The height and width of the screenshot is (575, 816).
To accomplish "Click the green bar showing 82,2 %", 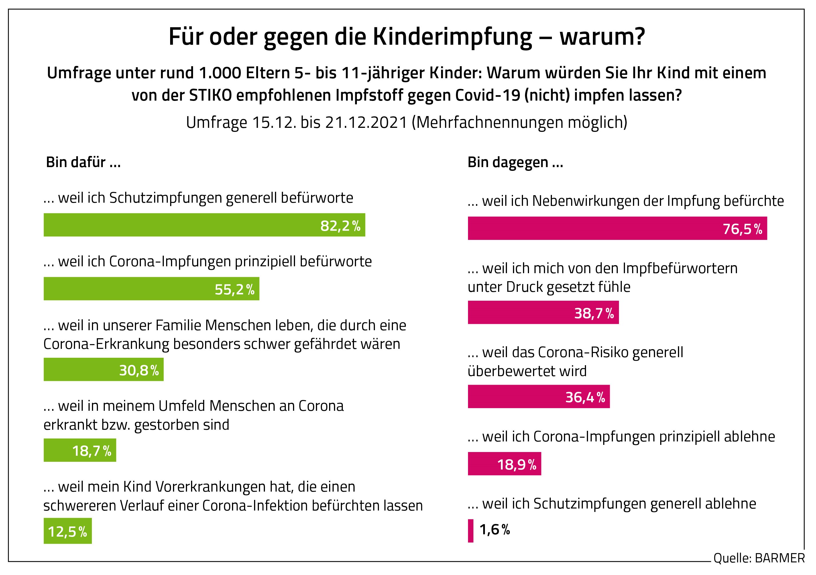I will (x=204, y=225).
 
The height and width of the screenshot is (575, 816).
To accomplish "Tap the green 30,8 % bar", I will (x=103, y=369).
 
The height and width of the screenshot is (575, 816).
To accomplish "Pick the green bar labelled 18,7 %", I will (x=80, y=450).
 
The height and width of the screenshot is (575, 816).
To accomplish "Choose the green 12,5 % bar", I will (x=68, y=531).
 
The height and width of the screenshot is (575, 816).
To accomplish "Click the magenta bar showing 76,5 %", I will (x=617, y=228).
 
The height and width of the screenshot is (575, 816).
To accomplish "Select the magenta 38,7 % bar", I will (x=543, y=312).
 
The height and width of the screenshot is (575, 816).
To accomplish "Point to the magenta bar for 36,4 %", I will (x=538, y=396).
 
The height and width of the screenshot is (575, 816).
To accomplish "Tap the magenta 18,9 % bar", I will (x=504, y=464).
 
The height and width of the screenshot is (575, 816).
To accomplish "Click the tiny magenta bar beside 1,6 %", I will (x=471, y=531).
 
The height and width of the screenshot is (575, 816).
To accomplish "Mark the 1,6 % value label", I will (x=494, y=530).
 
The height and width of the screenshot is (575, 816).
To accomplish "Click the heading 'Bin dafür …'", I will (x=83, y=163).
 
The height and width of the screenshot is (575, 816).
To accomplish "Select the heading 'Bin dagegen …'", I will (x=515, y=163).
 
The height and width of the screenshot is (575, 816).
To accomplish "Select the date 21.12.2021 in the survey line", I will (x=366, y=123).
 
